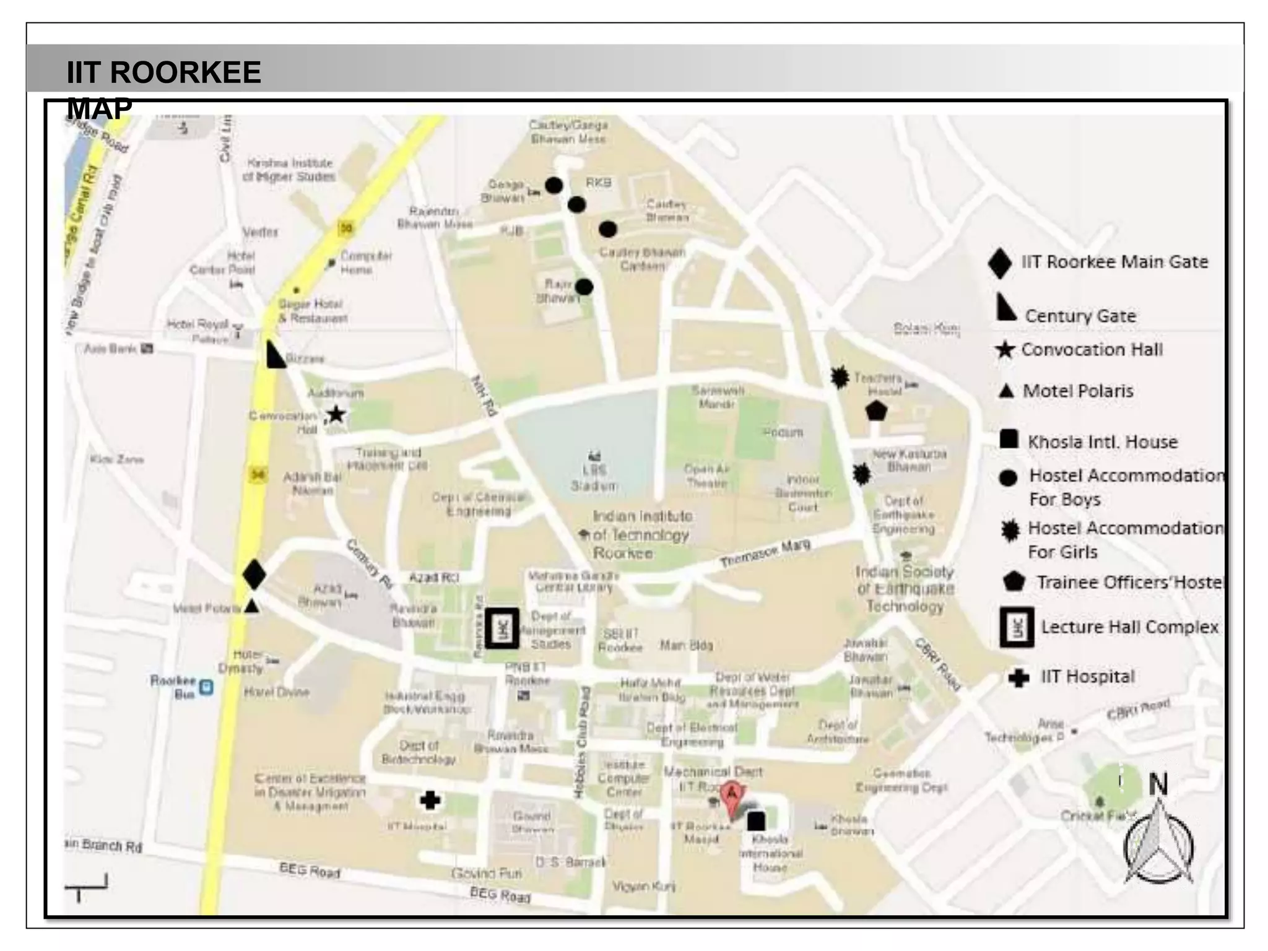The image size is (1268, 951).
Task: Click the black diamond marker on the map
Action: pyautogui.click(x=254, y=575)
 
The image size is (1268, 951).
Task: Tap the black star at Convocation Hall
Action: pyautogui.click(x=336, y=414)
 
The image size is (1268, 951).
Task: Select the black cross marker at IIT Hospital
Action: pyautogui.click(x=430, y=801)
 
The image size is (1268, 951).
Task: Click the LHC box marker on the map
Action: pyautogui.click(x=502, y=628)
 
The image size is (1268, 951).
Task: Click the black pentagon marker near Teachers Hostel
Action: pyautogui.click(x=876, y=410)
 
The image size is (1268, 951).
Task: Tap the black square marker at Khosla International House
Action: pyautogui.click(x=756, y=821)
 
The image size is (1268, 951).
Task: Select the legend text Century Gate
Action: pyautogui.click(x=1080, y=316)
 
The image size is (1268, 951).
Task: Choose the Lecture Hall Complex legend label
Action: pyautogui.click(x=1129, y=627)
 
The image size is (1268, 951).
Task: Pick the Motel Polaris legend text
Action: pyautogui.click(x=1078, y=391)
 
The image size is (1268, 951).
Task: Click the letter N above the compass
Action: pyautogui.click(x=1158, y=784)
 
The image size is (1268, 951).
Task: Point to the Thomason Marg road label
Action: pyautogui.click(x=765, y=554)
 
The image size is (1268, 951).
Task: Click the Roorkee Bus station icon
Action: pyautogui.click(x=206, y=687)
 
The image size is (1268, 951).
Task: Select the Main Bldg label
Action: pyautogui.click(x=686, y=646)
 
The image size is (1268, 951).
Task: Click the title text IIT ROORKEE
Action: pyautogui.click(x=163, y=72)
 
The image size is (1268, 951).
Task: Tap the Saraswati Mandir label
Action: pyautogui.click(x=718, y=397)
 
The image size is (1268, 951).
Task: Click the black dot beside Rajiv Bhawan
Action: pyautogui.click(x=584, y=287)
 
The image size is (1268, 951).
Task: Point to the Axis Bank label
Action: pyautogui.click(x=111, y=349)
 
